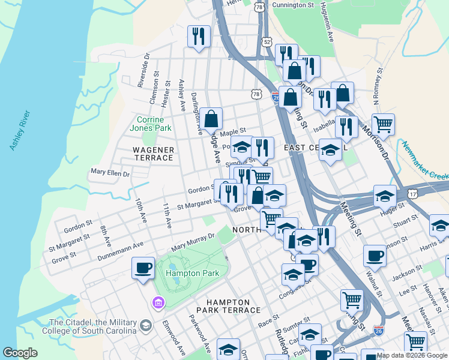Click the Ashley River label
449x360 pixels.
click(x=20, y=130)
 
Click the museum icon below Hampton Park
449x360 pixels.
click(x=158, y=302)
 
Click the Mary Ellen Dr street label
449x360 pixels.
click(x=110, y=173)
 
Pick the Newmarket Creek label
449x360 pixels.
click(x=426, y=161)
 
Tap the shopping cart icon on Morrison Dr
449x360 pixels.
click(x=383, y=124)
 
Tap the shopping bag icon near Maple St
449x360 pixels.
click(x=211, y=119)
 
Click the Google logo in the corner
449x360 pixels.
click(x=20, y=353)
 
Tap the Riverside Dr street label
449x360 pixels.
click(x=142, y=73)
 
